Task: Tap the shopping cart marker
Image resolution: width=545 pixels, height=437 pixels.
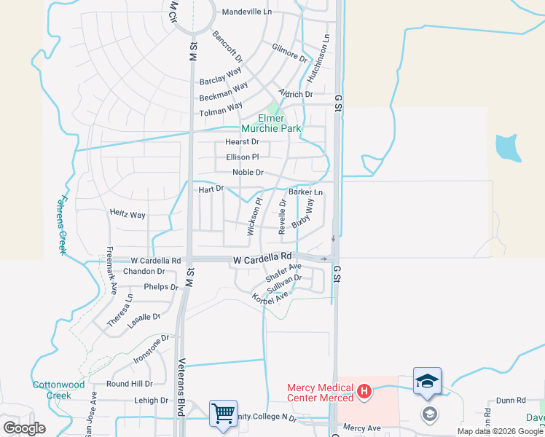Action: [223, 413]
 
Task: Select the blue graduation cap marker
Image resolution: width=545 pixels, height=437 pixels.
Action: [427, 381]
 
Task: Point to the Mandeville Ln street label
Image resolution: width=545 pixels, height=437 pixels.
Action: [246, 12]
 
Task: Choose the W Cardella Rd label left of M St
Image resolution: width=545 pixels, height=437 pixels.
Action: [156, 260]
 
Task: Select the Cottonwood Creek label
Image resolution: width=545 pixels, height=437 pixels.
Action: [59, 390]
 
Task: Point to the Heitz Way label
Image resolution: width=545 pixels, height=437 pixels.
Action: [128, 215]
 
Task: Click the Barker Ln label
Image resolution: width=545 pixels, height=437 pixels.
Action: [305, 192]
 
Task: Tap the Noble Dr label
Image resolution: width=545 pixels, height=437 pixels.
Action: [248, 172]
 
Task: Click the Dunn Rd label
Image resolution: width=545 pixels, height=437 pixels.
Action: [511, 400]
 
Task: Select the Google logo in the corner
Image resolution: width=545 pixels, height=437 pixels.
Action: [24, 428]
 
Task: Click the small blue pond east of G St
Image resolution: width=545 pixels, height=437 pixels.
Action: [508, 148]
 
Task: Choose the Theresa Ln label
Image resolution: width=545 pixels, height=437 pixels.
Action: [119, 310]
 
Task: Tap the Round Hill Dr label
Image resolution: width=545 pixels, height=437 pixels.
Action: [129, 383]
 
